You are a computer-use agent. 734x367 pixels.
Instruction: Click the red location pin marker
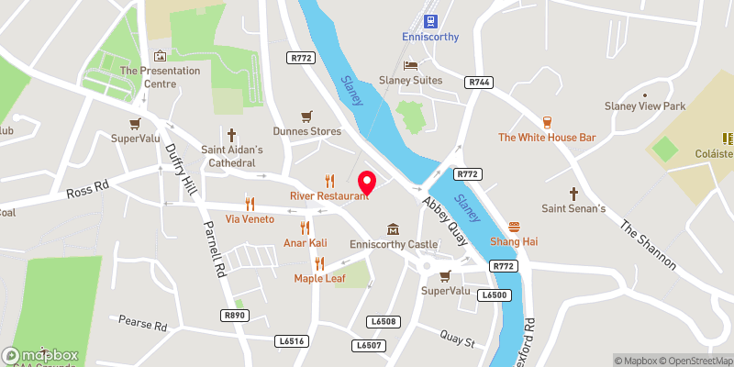[x=368, y=182]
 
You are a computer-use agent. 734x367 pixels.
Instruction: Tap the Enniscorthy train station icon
[x=429, y=20]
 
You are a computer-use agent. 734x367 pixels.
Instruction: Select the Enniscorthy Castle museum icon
[x=394, y=228]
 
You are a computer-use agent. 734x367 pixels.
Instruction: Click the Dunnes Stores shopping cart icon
[x=306, y=116]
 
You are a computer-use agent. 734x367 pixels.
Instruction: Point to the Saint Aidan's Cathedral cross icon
[x=232, y=133]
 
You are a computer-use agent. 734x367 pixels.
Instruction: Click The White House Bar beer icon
[x=548, y=121]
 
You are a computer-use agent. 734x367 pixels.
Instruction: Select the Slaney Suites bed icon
[x=411, y=64]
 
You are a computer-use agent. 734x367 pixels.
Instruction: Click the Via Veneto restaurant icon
[x=249, y=203]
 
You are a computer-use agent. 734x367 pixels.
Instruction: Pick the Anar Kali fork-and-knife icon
[x=306, y=227]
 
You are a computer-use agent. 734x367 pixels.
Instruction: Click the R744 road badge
[x=479, y=82]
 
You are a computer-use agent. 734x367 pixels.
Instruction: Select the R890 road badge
[x=236, y=315]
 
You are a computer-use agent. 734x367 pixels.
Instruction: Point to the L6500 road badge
[x=493, y=294]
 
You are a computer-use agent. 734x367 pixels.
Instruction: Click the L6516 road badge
[x=289, y=340]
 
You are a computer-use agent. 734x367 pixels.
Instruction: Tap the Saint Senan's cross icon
[x=574, y=194]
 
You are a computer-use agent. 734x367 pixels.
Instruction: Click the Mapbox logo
[x=40, y=355]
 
